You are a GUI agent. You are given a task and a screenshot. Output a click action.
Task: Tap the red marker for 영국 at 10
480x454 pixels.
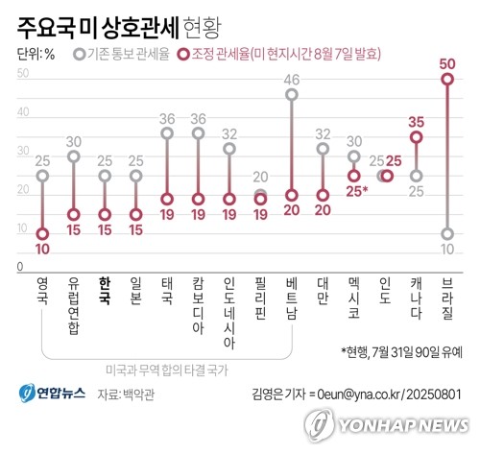click(42, 233)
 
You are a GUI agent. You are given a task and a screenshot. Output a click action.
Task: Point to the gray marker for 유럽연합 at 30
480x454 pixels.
click(73, 155)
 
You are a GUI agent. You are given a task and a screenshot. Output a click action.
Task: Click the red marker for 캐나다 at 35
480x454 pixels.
click(416, 137)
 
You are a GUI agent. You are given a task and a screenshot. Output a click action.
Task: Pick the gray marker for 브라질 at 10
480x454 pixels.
click(446, 233)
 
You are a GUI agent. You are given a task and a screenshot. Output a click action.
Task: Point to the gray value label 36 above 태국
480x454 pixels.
click(166, 119)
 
